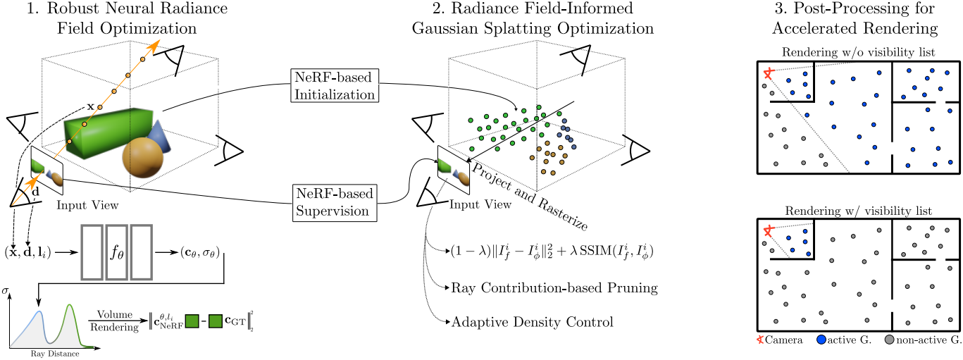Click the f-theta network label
[117, 252]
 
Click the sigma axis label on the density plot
[6, 290]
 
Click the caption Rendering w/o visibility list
[857, 53]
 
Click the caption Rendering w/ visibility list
[857, 211]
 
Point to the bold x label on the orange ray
[90, 106]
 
